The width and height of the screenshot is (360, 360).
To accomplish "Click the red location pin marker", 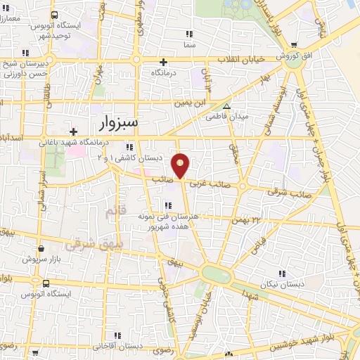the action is click(181, 166).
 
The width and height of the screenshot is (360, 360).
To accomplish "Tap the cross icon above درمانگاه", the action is click(164, 61).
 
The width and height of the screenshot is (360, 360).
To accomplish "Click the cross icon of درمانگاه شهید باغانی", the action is click(72, 131).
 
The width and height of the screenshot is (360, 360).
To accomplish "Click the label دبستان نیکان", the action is click(281, 284).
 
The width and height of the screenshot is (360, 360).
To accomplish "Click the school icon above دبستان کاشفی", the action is click(128, 147).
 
